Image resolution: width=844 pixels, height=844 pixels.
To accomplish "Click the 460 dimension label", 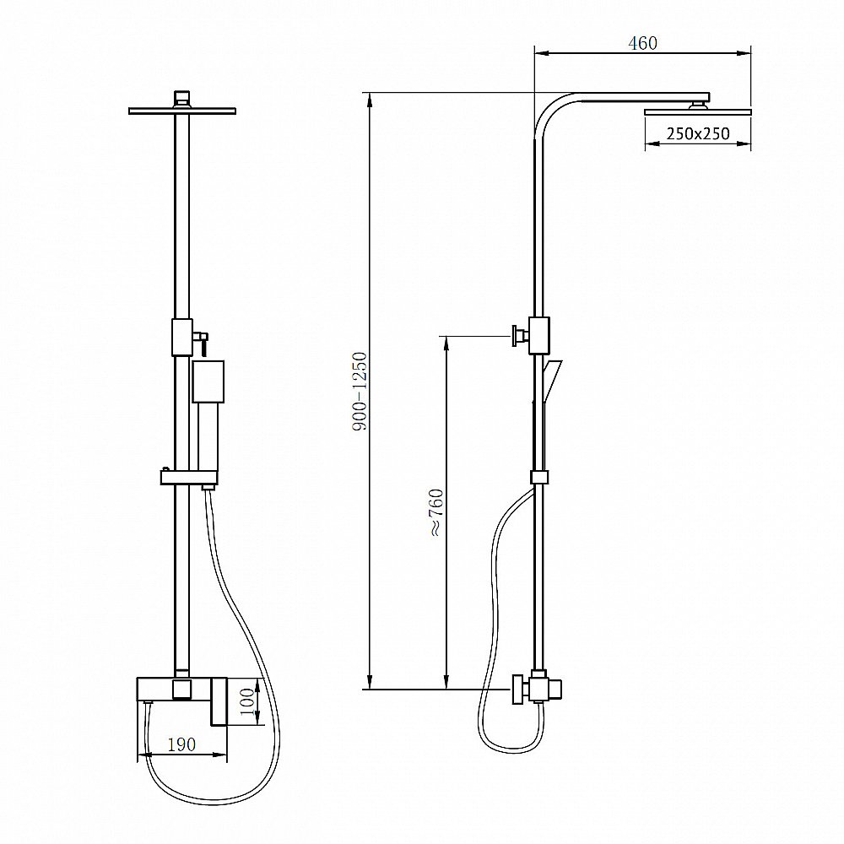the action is pos(642,43).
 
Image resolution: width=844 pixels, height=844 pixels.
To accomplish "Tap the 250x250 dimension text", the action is pos(698,133).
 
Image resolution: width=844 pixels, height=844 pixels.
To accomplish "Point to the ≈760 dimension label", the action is pos(436,512).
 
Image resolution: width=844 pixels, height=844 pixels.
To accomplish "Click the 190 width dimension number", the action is pos(181,744).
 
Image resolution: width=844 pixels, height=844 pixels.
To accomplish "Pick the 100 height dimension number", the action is pos(247,701).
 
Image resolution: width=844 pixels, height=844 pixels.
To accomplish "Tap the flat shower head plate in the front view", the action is pos(182,111).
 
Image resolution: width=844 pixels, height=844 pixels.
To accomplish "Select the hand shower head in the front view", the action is pos(208,381).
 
